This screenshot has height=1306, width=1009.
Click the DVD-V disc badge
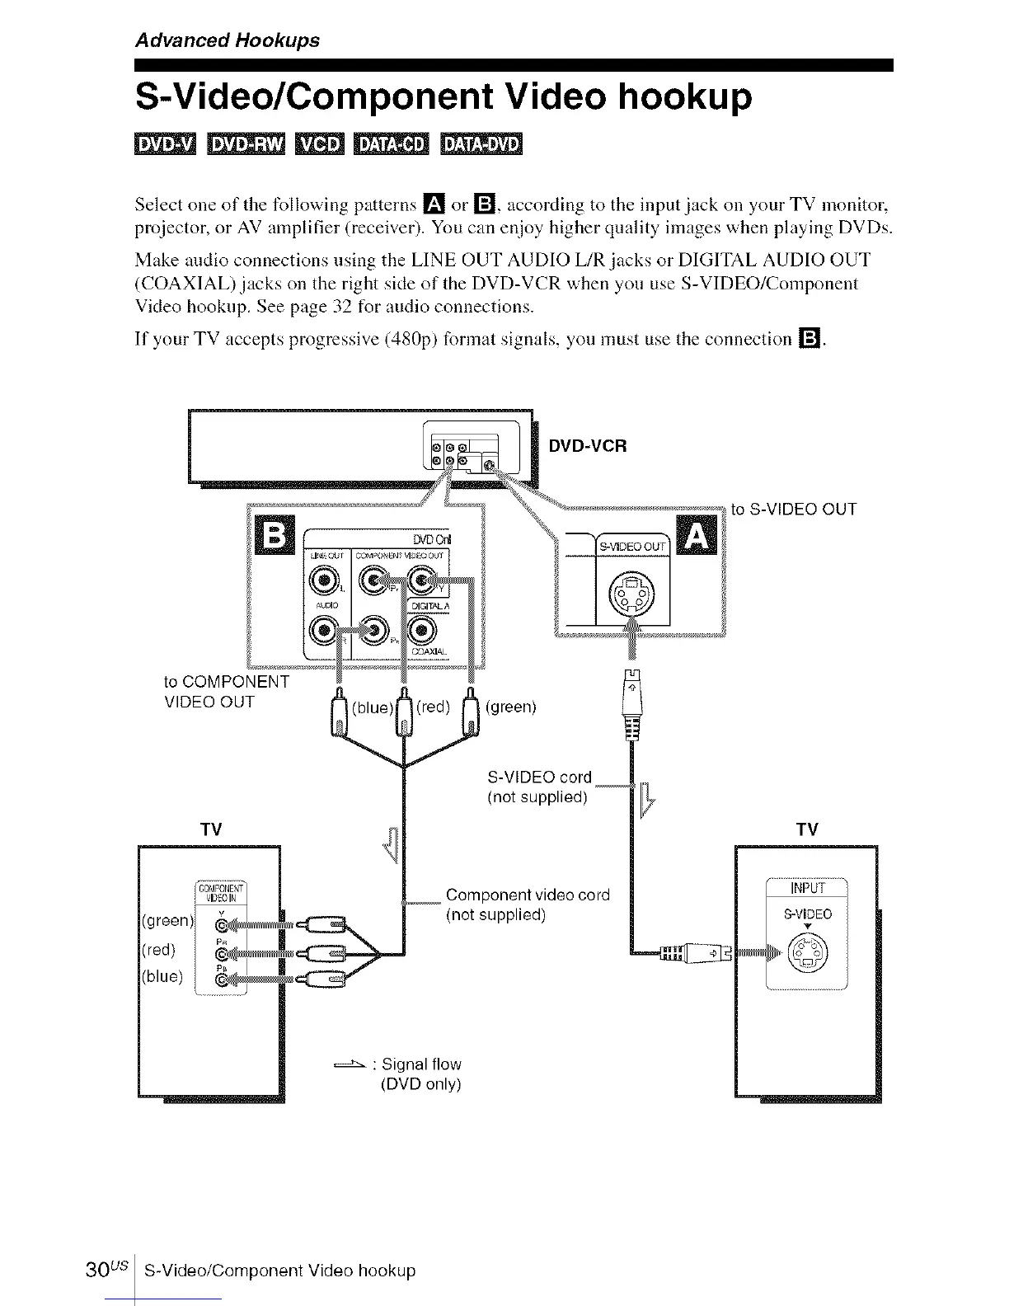point(165,144)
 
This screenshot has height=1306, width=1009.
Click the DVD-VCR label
point(588,446)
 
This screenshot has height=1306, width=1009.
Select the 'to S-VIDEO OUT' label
point(794,509)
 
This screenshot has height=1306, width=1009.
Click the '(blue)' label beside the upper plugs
point(371,708)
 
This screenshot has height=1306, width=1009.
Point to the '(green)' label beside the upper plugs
point(511,707)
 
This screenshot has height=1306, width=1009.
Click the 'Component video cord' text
point(528,895)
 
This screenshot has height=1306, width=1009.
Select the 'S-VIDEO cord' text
point(540,777)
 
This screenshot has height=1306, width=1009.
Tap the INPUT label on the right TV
point(808,888)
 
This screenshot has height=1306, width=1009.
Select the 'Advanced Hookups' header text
point(227,40)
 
